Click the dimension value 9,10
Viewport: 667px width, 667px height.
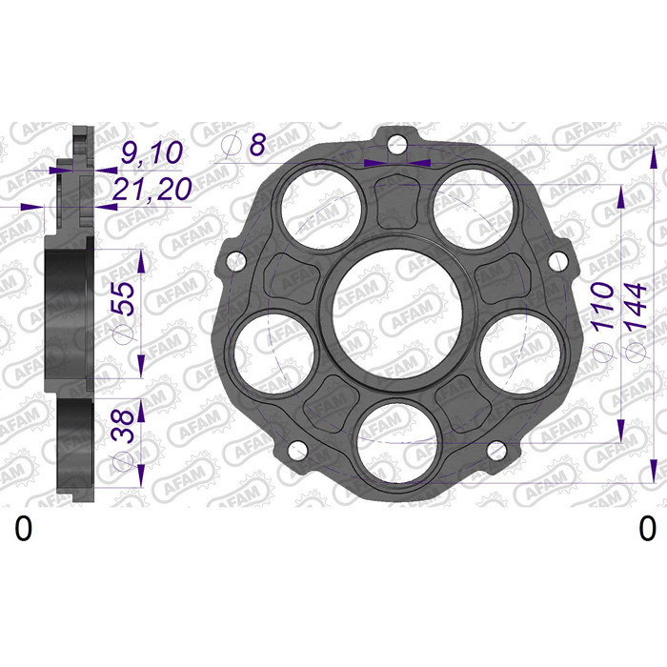point(152,152)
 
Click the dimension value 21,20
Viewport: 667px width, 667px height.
point(152,189)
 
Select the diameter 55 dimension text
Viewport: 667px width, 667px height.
point(124,311)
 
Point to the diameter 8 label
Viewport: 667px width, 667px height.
point(245,145)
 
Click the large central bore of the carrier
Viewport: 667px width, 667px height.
point(397,313)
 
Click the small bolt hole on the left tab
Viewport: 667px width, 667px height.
point(236,262)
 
